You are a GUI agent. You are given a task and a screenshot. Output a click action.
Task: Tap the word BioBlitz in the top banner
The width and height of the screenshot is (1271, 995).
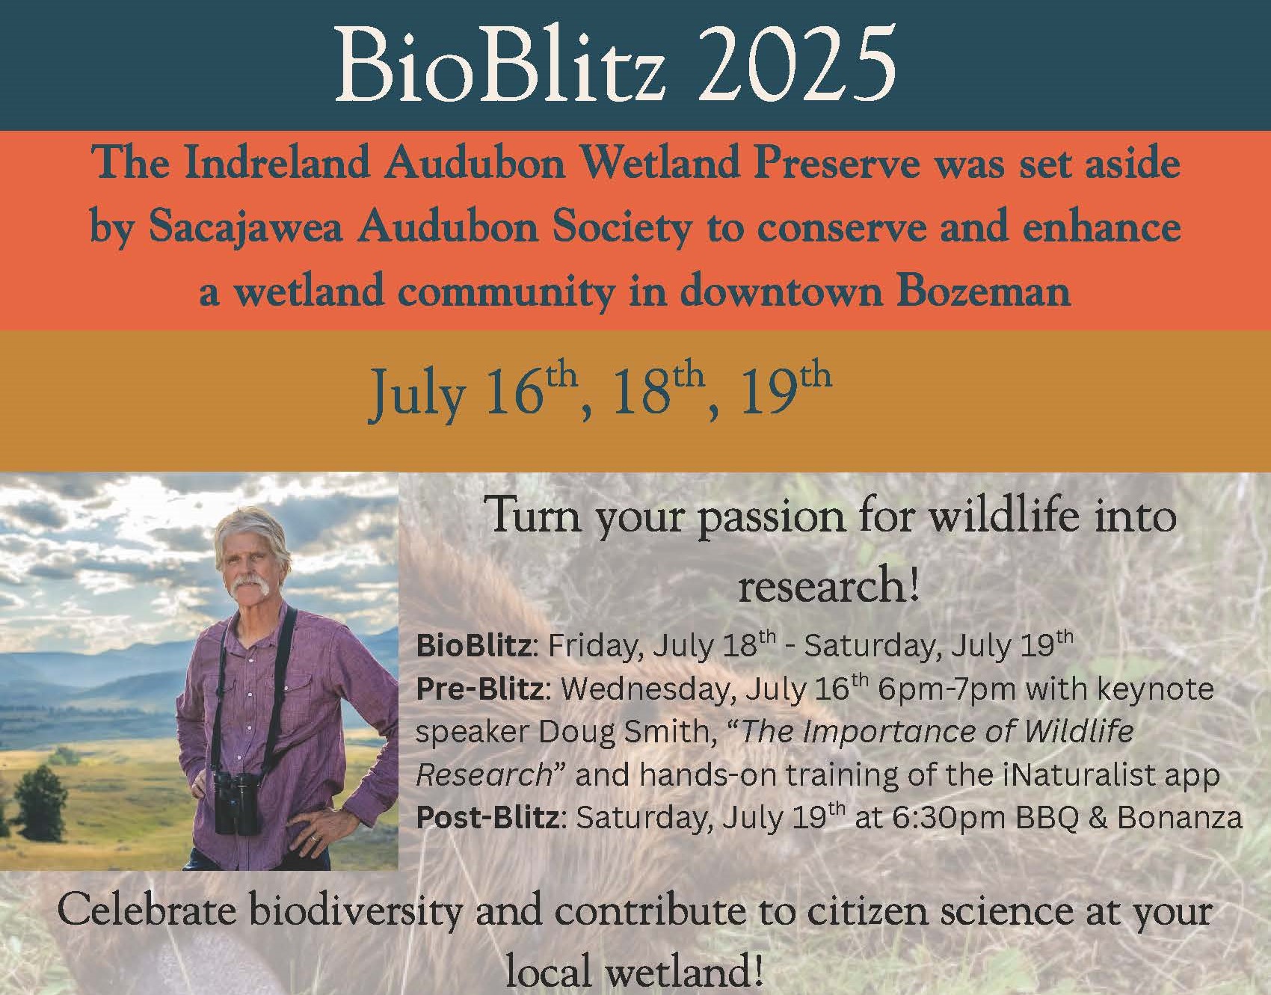tap(499, 66)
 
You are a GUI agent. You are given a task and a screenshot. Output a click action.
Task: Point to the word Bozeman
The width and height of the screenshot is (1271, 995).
tap(983, 292)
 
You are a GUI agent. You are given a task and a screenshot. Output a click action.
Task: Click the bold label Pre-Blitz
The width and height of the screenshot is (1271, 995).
tap(479, 689)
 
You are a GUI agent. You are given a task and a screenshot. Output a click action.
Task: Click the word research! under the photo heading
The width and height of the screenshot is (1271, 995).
tap(828, 585)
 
